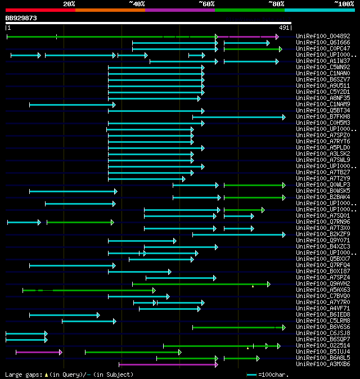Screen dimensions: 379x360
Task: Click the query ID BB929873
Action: point(21,18)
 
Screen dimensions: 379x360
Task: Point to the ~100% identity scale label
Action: point(344,3)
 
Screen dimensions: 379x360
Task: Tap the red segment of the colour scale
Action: point(40,10)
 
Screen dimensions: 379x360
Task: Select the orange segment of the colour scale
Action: point(110,10)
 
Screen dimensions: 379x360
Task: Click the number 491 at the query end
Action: point(284,28)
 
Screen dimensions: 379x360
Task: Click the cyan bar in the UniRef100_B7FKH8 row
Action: point(238,117)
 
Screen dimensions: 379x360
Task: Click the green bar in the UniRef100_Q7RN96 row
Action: point(79,222)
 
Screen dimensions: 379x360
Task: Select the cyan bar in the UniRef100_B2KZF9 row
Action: point(238,234)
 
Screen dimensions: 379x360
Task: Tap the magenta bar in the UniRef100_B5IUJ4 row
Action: point(38,352)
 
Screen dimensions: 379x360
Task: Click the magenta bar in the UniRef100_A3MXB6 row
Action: point(168,364)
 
